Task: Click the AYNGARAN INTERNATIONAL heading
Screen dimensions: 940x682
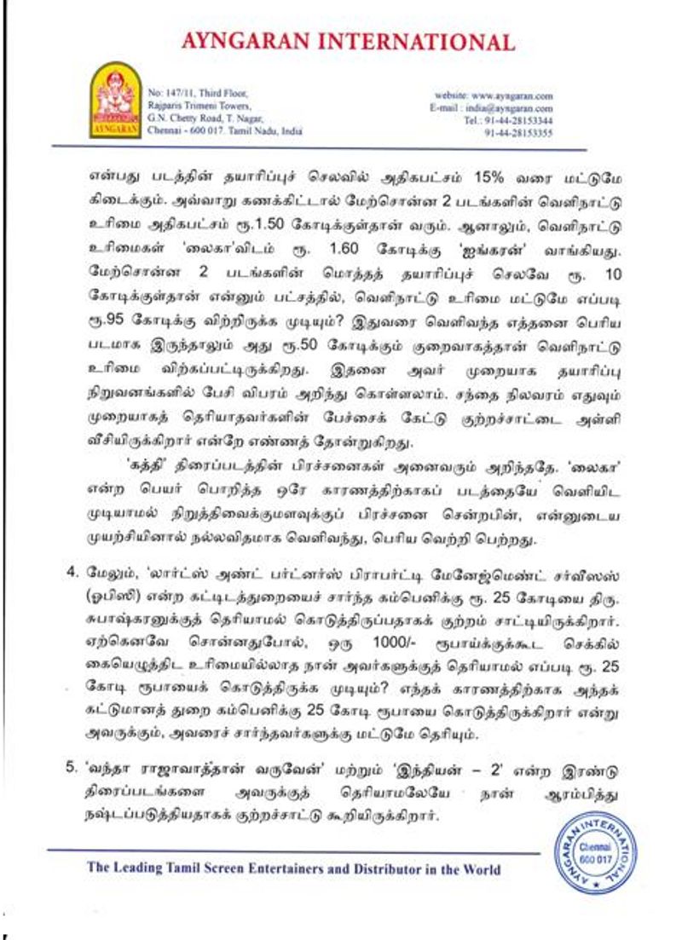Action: pos(347,42)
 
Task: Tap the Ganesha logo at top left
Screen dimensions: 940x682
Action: pos(115,101)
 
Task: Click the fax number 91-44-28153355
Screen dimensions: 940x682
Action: pos(518,133)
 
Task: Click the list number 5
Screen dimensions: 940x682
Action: pos(72,770)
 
